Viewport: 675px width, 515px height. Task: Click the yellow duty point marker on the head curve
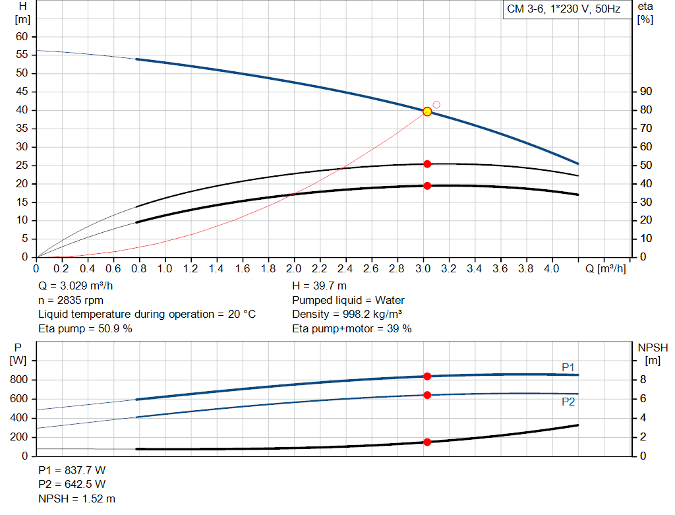427,111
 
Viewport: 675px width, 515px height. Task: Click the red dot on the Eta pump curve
427,164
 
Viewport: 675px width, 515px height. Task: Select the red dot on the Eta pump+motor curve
427,186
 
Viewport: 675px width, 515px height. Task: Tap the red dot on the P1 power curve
427,376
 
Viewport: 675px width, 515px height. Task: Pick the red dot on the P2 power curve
427,395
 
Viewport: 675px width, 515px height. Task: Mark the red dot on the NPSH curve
427,442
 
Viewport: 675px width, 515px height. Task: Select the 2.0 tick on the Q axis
294,269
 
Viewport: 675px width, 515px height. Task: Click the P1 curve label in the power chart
568,367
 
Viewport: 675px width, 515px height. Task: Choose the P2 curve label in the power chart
568,402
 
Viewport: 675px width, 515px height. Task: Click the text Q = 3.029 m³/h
80,286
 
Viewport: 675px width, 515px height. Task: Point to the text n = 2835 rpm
71,300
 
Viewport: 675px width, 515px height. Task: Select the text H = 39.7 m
319,286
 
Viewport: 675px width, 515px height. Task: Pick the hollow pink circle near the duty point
436,105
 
